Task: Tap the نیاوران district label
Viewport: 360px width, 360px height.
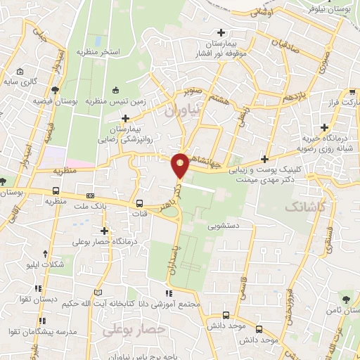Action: tap(182, 110)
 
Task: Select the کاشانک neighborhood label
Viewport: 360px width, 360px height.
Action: tap(305, 206)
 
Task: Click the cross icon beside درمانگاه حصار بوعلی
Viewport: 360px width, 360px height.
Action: tap(105, 231)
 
